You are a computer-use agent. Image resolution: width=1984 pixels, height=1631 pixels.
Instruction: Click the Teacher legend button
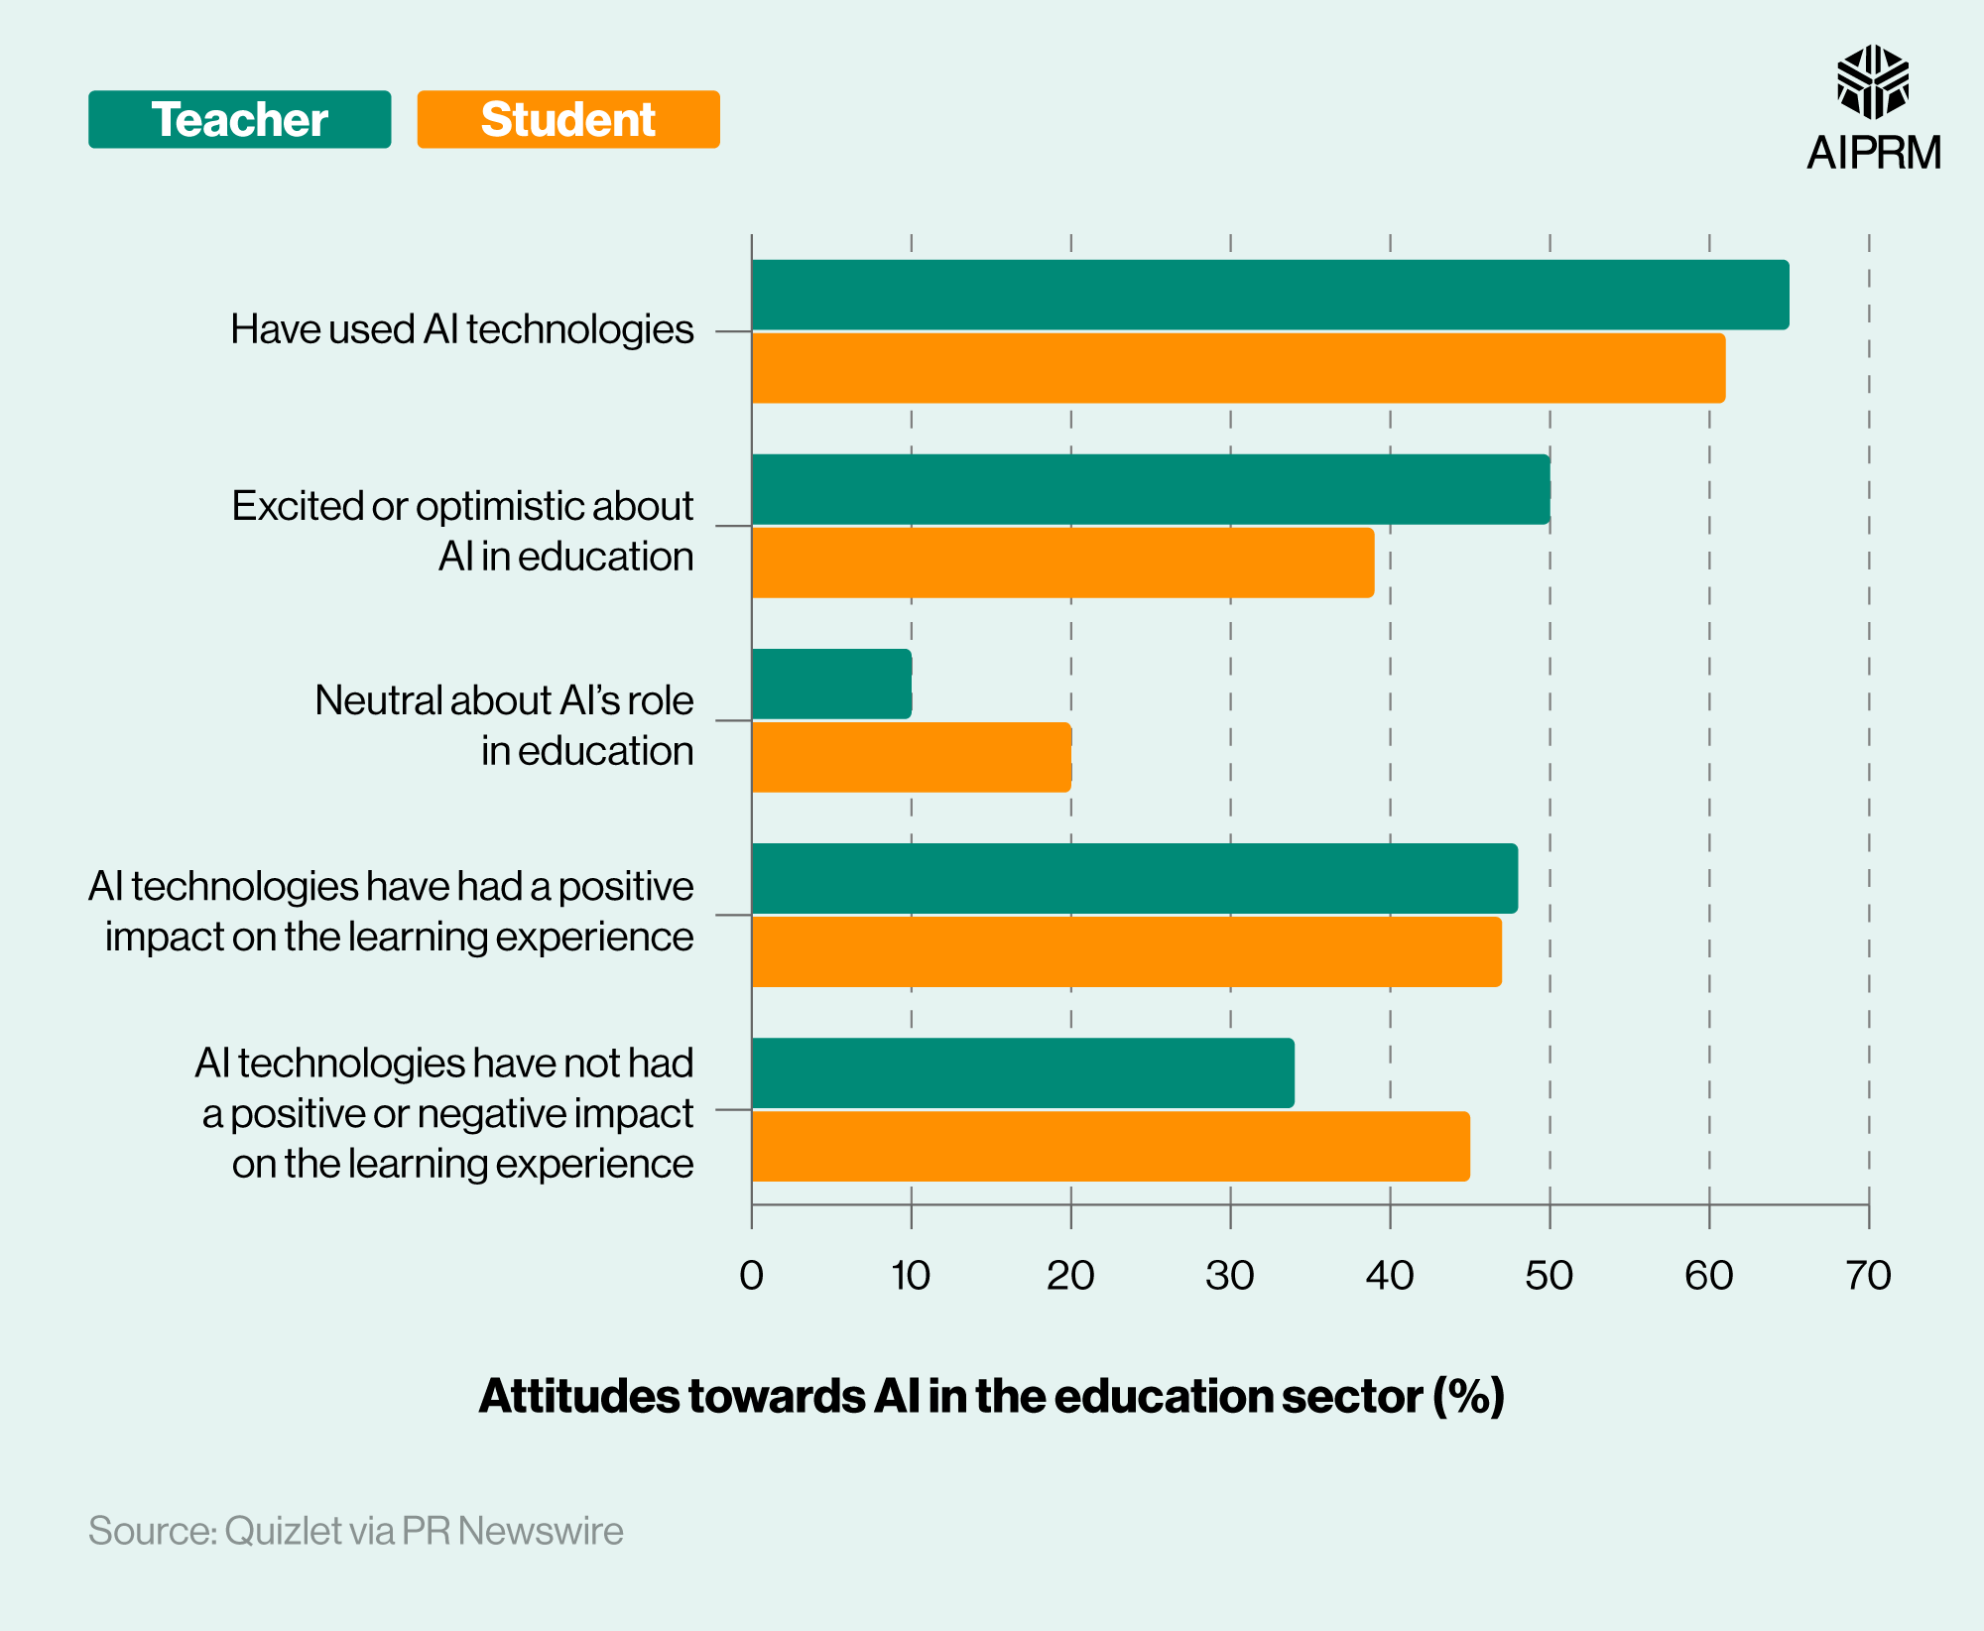click(x=239, y=120)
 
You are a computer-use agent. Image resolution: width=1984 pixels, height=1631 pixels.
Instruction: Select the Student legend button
click(x=567, y=120)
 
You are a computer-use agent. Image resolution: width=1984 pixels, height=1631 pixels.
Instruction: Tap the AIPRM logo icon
click(x=1872, y=81)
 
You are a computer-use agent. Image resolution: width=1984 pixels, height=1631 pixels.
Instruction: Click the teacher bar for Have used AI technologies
click(x=1270, y=295)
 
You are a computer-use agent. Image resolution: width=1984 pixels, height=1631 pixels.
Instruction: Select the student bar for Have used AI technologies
click(x=1238, y=368)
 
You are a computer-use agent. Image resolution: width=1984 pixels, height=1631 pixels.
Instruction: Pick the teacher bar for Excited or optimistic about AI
click(x=1151, y=489)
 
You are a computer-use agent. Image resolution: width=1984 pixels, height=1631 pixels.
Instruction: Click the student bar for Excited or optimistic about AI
click(x=1062, y=563)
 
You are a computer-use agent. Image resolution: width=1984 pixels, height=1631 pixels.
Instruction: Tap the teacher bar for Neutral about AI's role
click(x=831, y=684)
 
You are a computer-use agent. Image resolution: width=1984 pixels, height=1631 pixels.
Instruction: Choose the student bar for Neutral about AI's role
click(x=911, y=757)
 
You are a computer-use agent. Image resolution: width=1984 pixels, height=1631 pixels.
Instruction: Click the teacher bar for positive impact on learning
click(x=1134, y=878)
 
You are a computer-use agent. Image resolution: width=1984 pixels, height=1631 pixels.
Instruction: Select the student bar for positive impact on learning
click(x=1126, y=951)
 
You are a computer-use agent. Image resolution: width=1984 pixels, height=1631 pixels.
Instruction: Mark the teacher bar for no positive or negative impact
click(x=1023, y=1072)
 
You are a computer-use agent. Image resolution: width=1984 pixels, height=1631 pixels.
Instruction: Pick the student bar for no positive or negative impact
click(x=1110, y=1146)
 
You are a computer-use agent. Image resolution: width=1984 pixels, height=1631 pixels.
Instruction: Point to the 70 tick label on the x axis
click(x=1868, y=1276)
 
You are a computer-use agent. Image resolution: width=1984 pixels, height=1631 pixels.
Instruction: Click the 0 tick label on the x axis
click(x=751, y=1276)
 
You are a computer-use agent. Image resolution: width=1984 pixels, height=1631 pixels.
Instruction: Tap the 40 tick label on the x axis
click(x=1389, y=1276)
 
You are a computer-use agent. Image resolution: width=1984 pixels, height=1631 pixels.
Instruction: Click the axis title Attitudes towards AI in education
click(x=991, y=1396)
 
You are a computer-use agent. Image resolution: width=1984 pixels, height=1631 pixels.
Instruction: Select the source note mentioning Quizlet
click(x=355, y=1531)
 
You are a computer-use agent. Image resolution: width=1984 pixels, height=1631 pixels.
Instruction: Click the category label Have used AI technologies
click(x=461, y=329)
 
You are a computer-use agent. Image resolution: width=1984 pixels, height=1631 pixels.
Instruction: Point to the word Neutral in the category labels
click(x=378, y=700)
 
